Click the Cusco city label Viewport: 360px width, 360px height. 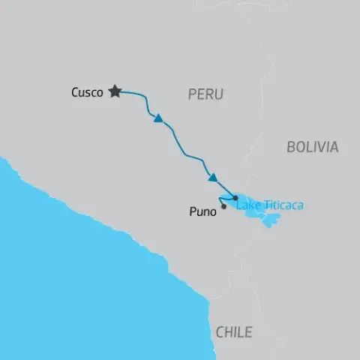click(x=87, y=93)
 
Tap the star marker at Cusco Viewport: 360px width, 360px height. click(x=115, y=91)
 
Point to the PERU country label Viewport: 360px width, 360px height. click(x=205, y=94)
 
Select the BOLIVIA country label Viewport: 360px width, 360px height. click(x=312, y=147)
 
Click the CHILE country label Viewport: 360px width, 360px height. click(x=234, y=332)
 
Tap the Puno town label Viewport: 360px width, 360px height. click(x=200, y=212)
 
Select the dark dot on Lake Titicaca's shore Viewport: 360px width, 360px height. click(x=235, y=197)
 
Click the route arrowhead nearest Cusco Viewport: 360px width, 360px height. click(x=158, y=118)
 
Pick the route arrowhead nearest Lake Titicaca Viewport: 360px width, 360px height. click(x=213, y=178)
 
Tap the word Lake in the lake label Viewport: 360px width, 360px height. click(x=247, y=204)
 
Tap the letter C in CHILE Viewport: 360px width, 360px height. click(x=219, y=332)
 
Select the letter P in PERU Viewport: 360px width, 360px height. click(x=190, y=94)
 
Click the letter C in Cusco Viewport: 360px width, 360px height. click(x=75, y=93)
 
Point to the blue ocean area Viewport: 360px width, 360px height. click(x=75, y=285)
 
